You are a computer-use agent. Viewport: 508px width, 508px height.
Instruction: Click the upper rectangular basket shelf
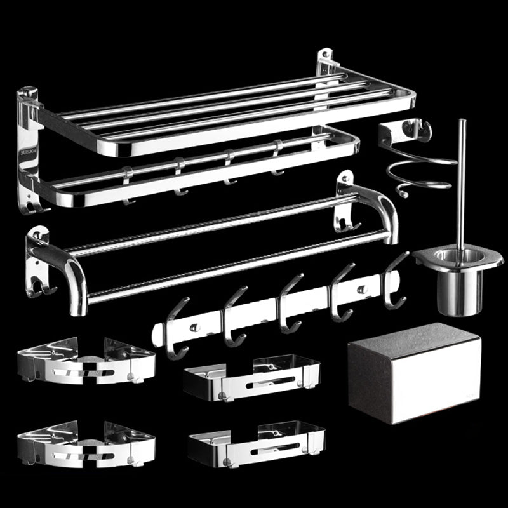(x=251, y=377)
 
